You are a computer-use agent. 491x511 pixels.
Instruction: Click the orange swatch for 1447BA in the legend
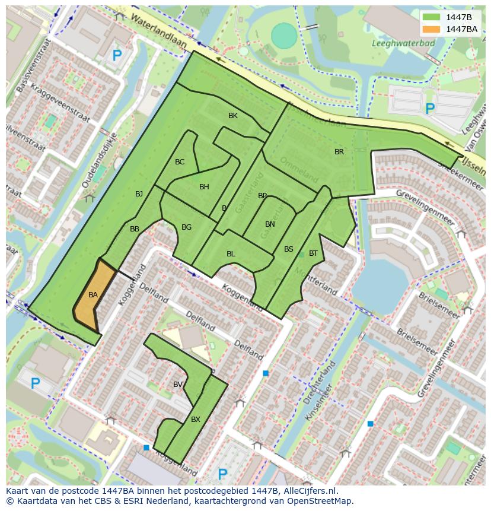pos(432,28)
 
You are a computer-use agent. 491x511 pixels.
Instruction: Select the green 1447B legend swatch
pos(432,17)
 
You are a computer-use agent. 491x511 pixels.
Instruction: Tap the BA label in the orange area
pos(93,295)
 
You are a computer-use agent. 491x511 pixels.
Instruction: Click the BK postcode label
pos(233,116)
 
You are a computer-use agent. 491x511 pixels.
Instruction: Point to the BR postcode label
pos(339,152)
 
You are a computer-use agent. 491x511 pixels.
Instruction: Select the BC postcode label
pos(180,162)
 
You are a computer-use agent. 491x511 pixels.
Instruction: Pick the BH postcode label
pos(204,187)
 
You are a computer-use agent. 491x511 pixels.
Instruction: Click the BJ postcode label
pos(139,194)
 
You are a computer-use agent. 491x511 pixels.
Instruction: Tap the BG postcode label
pos(186,227)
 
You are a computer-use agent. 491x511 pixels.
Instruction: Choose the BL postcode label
pos(231,254)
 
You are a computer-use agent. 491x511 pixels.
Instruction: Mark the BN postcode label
pos(270,224)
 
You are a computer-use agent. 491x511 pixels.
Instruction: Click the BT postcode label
pos(313,253)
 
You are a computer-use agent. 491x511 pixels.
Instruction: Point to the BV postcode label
pos(178,385)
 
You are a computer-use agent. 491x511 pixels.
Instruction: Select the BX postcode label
pos(196,420)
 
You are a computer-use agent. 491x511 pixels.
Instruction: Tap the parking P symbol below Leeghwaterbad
pos(430,109)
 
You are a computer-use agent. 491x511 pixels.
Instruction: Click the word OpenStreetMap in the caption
pos(320,501)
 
